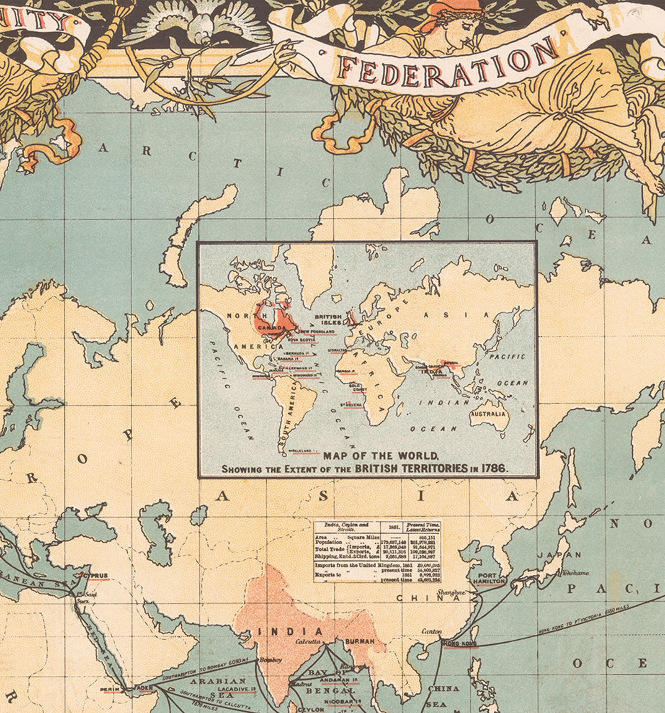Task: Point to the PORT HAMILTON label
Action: pyautogui.click(x=489, y=579)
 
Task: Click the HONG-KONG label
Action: pyautogui.click(x=459, y=643)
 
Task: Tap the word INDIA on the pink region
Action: pyautogui.click(x=290, y=631)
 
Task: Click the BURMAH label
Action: pyautogui.click(x=360, y=641)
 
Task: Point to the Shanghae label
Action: pyautogui.click(x=451, y=592)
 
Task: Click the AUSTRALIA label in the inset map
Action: pyautogui.click(x=488, y=414)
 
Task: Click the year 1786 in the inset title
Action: pyautogui.click(x=494, y=468)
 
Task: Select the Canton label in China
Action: pyautogui.click(x=431, y=631)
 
